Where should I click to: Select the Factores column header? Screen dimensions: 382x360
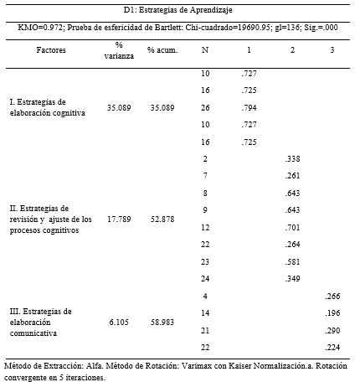[x=51, y=50]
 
